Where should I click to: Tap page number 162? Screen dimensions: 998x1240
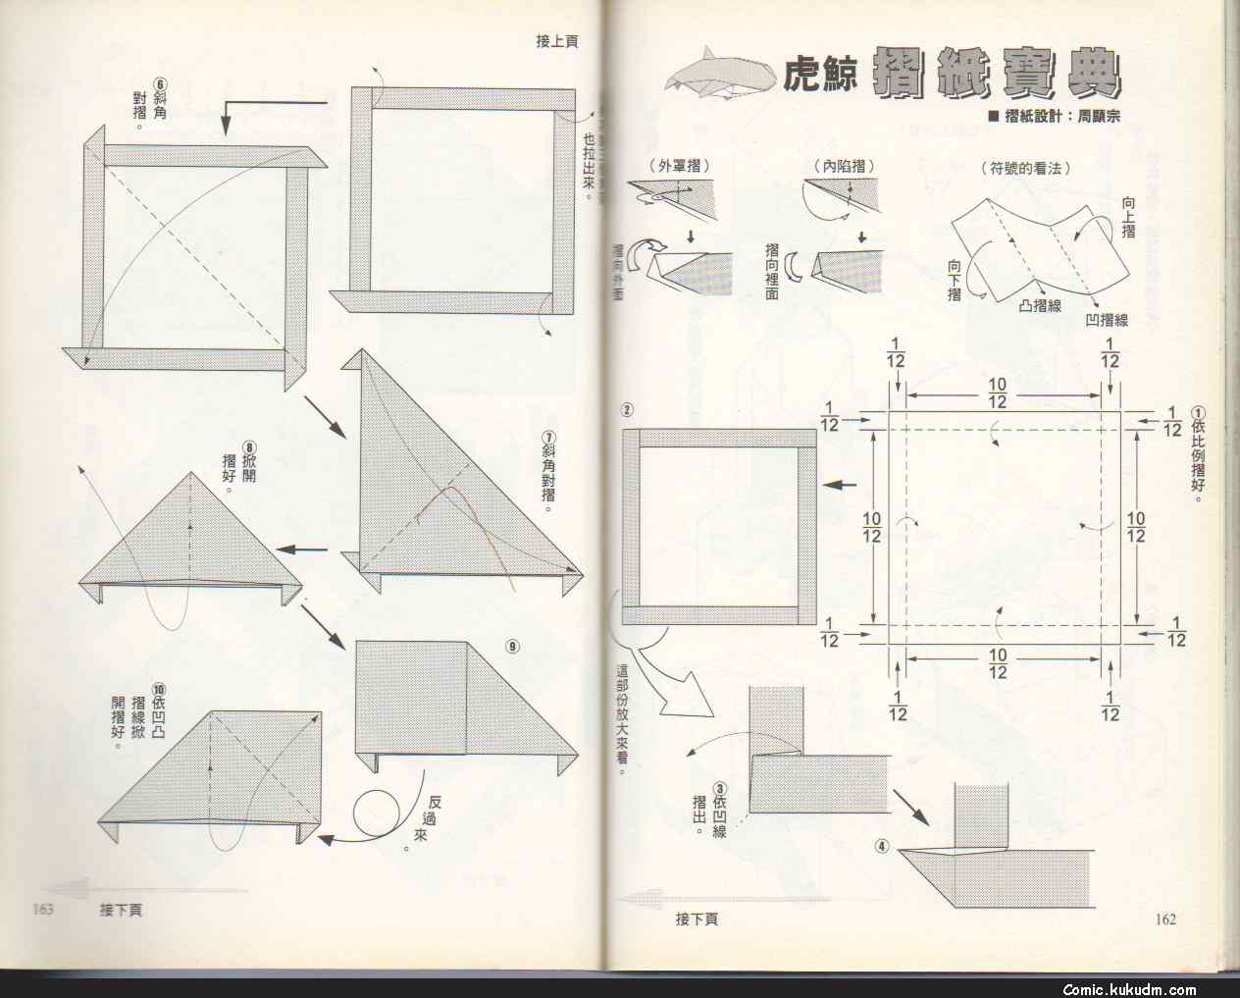click(x=1164, y=919)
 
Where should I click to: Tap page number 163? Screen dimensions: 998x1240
click(x=41, y=909)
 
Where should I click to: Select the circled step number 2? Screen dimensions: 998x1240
click(x=627, y=409)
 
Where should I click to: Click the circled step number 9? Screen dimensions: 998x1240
click(x=513, y=646)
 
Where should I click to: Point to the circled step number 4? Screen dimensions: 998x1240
click(x=883, y=846)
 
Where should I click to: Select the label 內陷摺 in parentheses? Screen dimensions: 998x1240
click(x=843, y=168)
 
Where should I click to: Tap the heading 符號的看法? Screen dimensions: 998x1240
click(x=1024, y=168)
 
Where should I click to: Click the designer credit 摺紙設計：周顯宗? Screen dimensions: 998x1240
click(x=1055, y=116)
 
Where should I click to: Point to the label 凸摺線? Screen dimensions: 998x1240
click(x=1040, y=304)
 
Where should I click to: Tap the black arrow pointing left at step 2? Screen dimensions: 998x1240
click(x=841, y=485)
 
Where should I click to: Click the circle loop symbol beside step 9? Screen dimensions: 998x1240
click(x=376, y=814)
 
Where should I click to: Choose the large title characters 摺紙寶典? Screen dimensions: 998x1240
click(x=996, y=71)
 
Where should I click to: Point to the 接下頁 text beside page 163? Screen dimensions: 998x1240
click(x=121, y=910)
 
